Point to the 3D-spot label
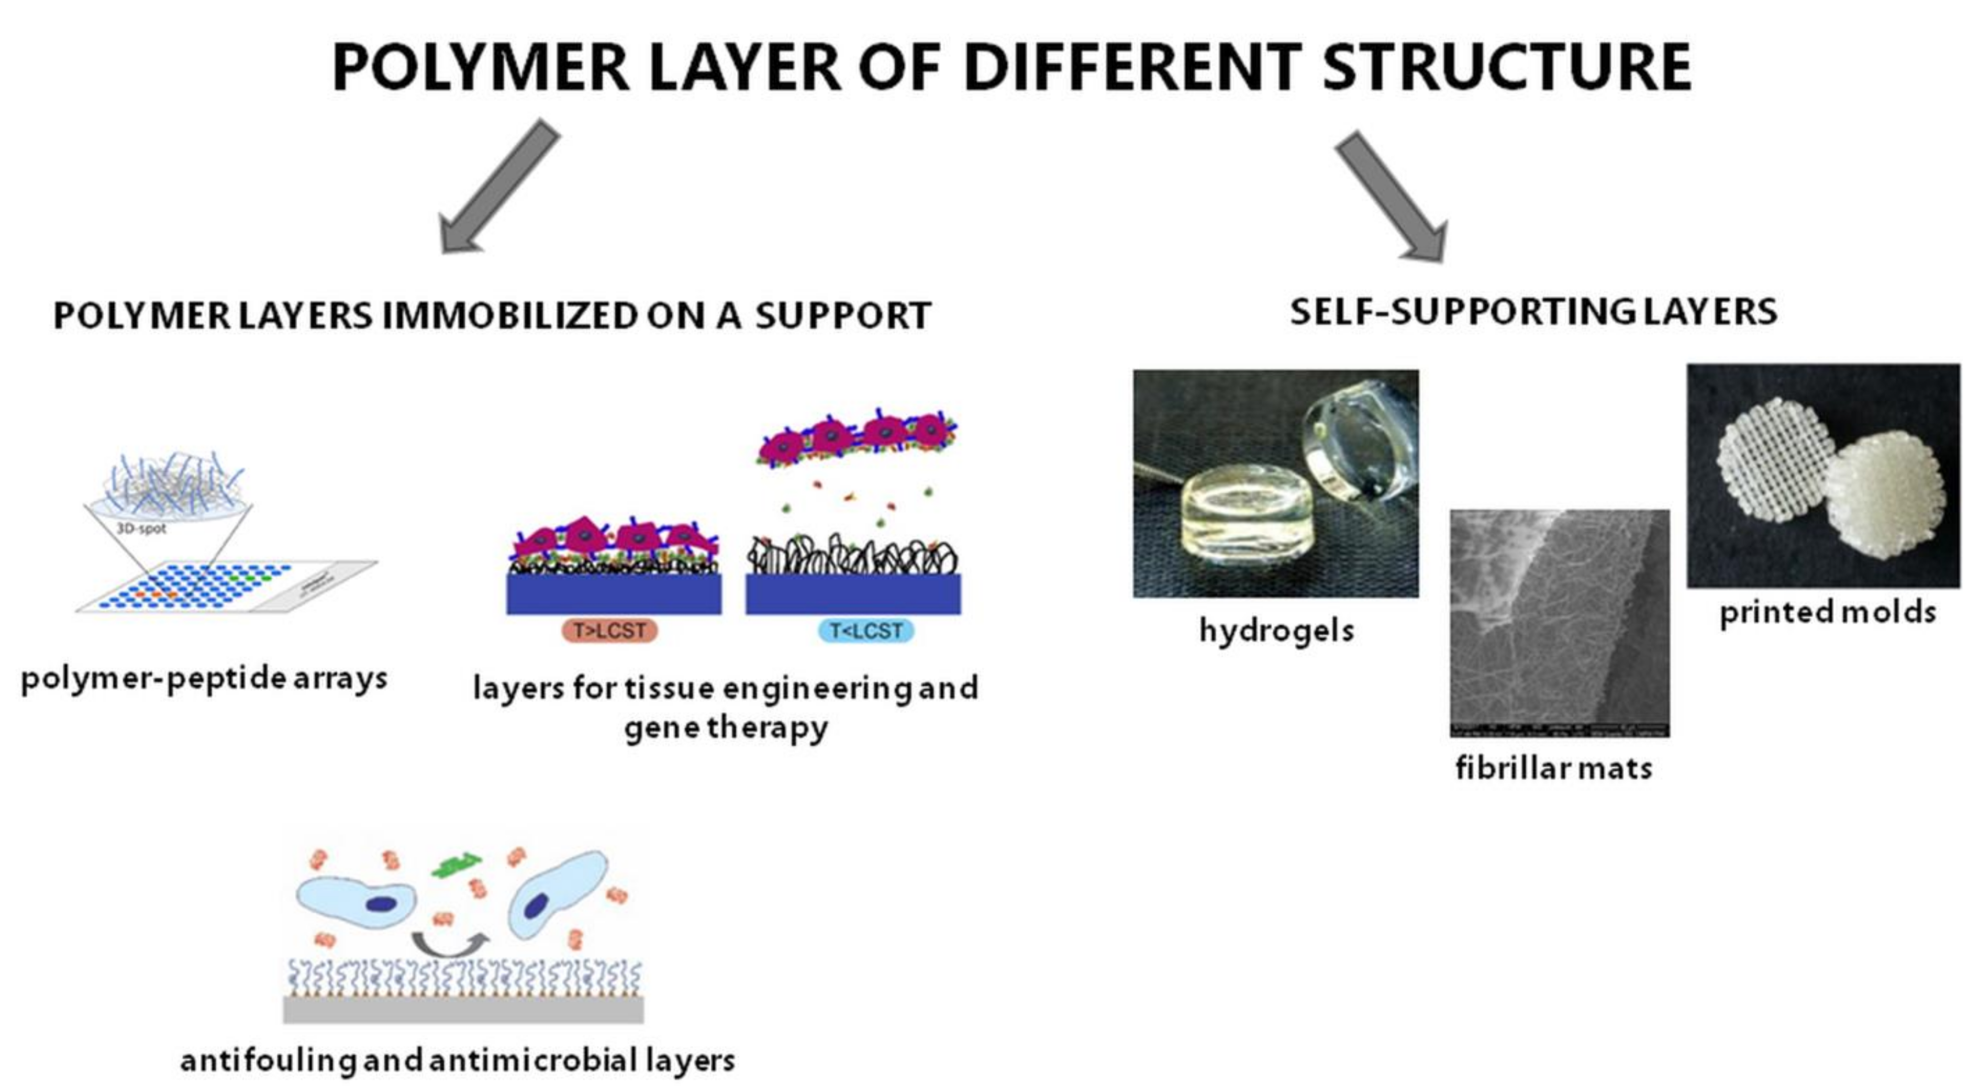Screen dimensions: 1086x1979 coord(141,529)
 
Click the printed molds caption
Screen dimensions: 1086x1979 coord(1827,612)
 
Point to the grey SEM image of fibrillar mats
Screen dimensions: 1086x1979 coord(1559,623)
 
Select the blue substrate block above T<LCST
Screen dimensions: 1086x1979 coord(853,594)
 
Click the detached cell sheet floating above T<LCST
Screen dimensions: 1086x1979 coord(856,438)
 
